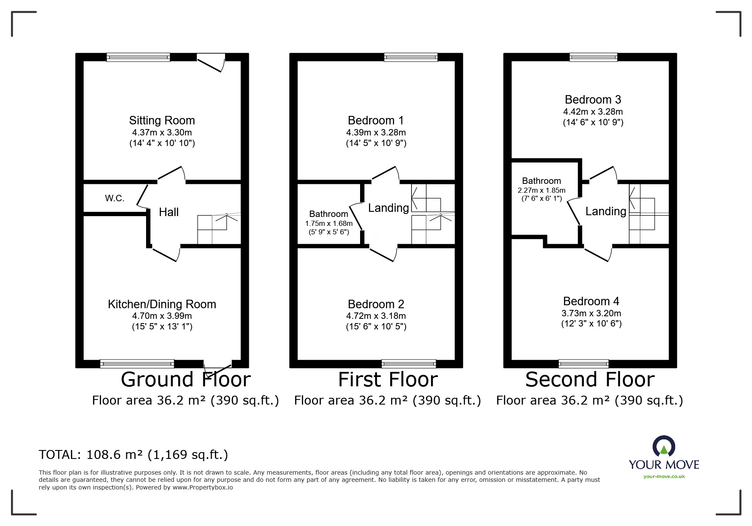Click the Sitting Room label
[162, 121]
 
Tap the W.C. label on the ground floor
[115, 198]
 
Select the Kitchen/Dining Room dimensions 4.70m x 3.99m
[162, 316]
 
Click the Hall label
[169, 212]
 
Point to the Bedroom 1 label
[376, 121]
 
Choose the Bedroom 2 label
[376, 304]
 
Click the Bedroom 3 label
[593, 100]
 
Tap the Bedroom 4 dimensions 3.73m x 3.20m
[591, 313]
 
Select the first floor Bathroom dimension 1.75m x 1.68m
[329, 223]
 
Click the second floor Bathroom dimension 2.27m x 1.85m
[541, 190]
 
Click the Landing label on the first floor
[388, 208]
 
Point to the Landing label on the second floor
[606, 211]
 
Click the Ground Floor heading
[186, 380]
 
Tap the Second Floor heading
[590, 380]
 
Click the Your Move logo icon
[664, 447]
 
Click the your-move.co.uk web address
[664, 476]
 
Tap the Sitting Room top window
[138, 57]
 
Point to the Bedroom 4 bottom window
[583, 363]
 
